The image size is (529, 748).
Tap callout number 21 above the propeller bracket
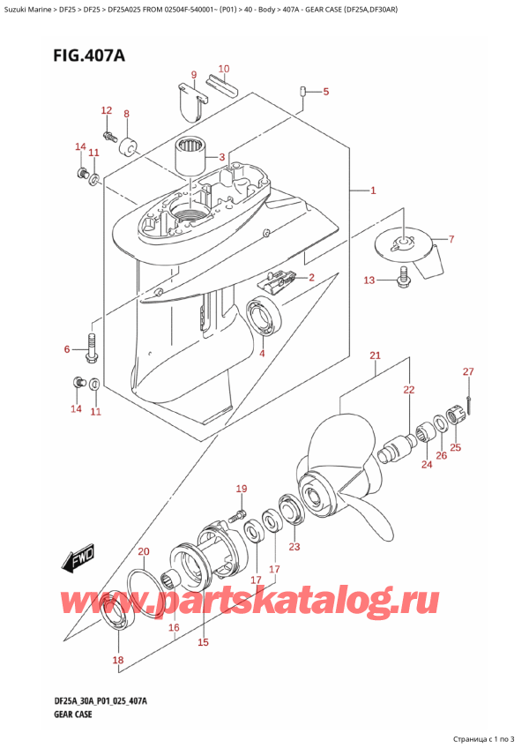pyautogui.click(x=375, y=355)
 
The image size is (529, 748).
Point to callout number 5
pyautogui.click(x=325, y=92)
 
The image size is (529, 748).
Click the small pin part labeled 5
pyautogui.click(x=302, y=90)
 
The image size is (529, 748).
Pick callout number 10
pyautogui.click(x=223, y=69)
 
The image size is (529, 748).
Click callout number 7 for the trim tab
pyautogui.click(x=451, y=239)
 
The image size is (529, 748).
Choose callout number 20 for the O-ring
pyautogui.click(x=144, y=552)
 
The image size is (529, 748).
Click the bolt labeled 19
pyautogui.click(x=235, y=509)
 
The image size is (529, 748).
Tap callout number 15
pyautogui.click(x=203, y=642)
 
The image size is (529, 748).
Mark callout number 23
pyautogui.click(x=294, y=547)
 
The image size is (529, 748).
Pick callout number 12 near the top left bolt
pyautogui.click(x=107, y=110)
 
